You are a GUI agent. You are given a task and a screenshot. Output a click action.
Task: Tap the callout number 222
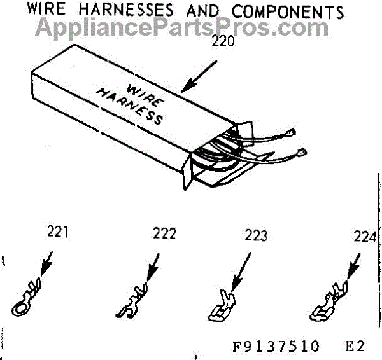[x=164, y=233]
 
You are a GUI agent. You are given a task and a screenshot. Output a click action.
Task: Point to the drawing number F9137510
[x=276, y=347]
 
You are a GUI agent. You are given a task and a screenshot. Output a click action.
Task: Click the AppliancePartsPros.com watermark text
[x=181, y=27]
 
